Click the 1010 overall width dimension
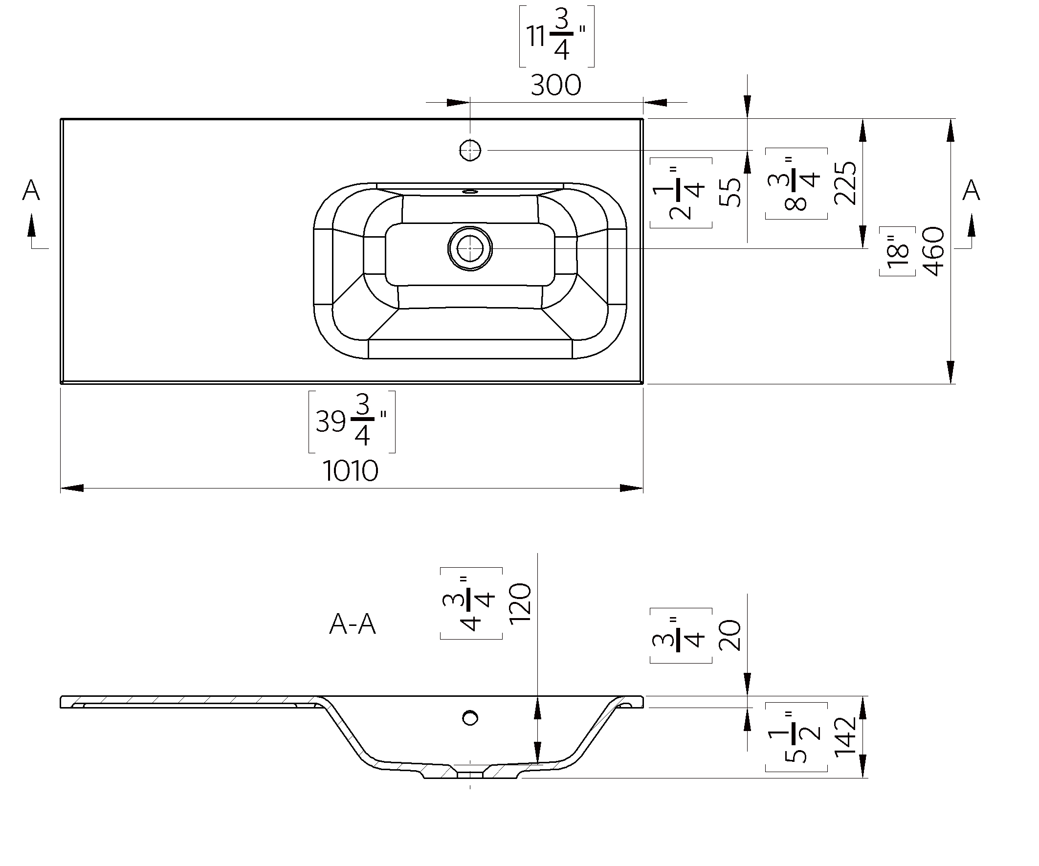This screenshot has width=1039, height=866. point(350,470)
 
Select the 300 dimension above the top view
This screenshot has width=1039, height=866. point(555,85)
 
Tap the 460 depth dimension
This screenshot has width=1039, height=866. point(934,251)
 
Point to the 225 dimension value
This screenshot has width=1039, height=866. point(844,182)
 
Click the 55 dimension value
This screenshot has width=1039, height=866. point(730,192)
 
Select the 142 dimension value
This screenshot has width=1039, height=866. point(844,737)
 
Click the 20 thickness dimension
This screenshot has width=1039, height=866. point(730,635)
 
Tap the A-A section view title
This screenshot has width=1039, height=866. point(352,624)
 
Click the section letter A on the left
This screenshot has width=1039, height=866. point(31,190)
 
